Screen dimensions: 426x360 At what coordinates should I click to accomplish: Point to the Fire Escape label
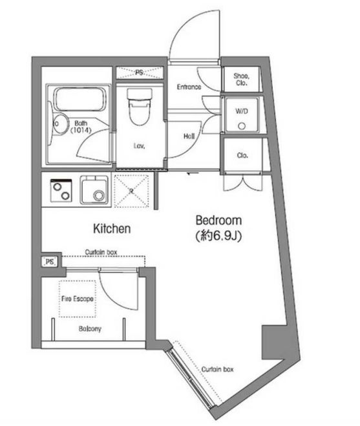[x=78, y=299]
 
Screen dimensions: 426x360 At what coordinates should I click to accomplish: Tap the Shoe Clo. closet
[x=243, y=80]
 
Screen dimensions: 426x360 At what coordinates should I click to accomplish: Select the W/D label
[x=241, y=111]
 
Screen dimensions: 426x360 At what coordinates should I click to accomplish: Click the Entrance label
[x=189, y=87]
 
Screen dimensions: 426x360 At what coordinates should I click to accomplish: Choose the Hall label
[x=189, y=136]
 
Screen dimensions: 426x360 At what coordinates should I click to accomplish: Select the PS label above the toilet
[x=140, y=72]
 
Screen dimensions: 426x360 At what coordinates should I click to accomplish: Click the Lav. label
[x=138, y=146]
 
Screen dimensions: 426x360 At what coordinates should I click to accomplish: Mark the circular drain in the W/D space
[x=242, y=127]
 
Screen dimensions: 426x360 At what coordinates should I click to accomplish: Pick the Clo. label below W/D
[x=242, y=156]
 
